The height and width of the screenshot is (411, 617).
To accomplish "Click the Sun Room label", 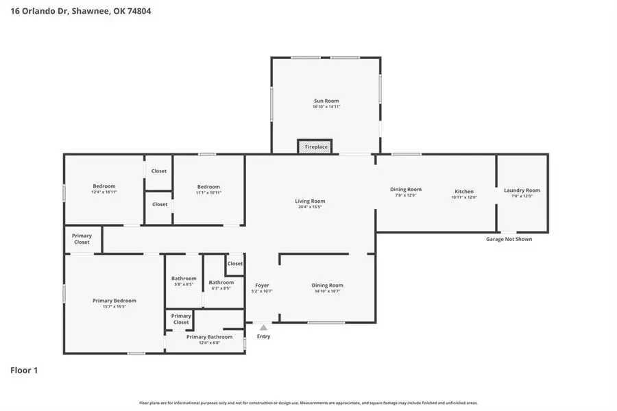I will [x=326, y=101].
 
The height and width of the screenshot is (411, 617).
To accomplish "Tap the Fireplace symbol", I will [x=315, y=147].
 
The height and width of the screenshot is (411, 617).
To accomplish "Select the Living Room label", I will [x=310, y=201].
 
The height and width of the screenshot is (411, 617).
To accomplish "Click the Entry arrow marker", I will [x=263, y=328].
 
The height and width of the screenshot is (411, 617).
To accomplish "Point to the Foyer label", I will [x=262, y=285].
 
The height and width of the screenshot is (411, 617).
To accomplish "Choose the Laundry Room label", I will [x=522, y=190].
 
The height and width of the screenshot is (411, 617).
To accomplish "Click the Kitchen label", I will [x=464, y=192].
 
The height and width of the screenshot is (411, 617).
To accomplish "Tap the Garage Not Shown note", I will [x=509, y=239].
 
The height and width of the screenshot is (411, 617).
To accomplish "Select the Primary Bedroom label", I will [x=114, y=301].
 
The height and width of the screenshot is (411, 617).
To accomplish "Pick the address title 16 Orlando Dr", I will [x=80, y=12].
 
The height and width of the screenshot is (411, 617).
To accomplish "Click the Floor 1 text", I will [x=24, y=371].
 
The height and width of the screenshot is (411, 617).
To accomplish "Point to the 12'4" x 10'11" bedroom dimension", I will [x=104, y=192].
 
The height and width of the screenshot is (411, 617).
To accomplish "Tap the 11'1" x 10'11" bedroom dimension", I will [x=208, y=192].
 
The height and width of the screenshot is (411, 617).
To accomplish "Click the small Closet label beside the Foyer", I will [x=235, y=264].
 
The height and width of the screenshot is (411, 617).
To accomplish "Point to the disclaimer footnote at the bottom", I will [x=308, y=403].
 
